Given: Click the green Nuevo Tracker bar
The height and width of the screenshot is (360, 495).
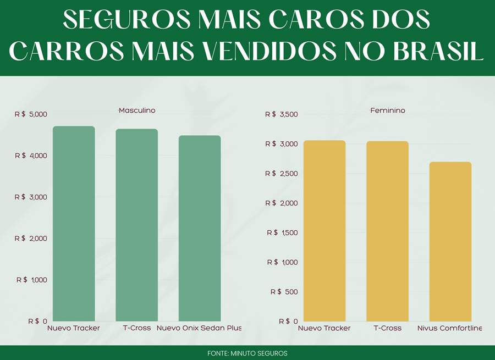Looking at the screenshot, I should (74, 224).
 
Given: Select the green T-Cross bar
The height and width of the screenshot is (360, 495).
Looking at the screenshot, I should (136, 225).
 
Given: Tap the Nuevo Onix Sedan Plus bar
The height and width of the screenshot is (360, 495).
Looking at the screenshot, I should (200, 228).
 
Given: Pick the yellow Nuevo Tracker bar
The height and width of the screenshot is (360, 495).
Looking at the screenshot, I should (324, 231).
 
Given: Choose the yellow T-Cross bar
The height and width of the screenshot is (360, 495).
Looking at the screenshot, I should (387, 231).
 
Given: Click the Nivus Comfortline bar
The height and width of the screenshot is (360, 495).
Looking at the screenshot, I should (450, 241).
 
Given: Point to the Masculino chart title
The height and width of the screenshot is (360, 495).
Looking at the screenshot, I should (137, 110).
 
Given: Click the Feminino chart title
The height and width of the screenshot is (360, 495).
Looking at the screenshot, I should (387, 110).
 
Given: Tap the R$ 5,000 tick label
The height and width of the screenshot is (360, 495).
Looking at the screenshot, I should (32, 114).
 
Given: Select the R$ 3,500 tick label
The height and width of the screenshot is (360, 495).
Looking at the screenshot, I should (281, 114).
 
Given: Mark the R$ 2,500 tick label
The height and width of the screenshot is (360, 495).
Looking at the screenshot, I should (281, 174).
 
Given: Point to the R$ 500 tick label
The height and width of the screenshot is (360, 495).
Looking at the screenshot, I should (284, 292).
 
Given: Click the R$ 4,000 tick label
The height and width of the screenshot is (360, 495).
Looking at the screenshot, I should (32, 156).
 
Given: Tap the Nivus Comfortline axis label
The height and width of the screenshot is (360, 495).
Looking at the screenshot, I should (449, 328).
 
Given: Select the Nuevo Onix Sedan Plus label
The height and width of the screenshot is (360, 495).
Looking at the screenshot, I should (199, 328).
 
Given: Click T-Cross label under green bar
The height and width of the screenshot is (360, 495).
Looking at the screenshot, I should (137, 328).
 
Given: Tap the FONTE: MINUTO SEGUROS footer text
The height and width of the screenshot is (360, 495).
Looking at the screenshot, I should (248, 353).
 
